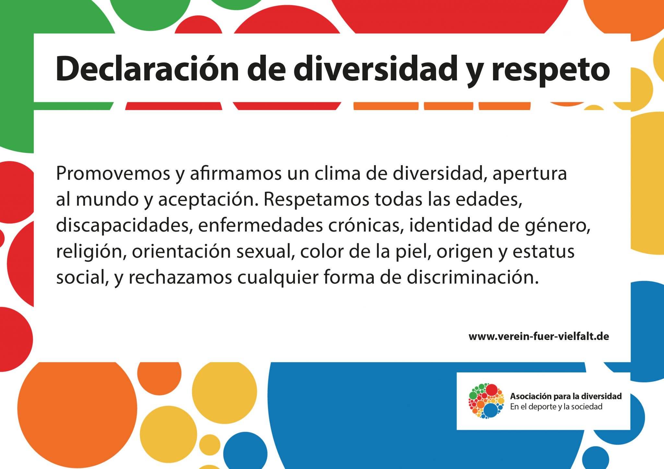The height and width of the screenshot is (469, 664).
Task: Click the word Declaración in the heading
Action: click(148, 69)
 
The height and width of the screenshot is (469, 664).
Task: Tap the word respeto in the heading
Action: click(551, 72)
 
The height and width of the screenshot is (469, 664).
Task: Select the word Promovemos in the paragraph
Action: click(113, 174)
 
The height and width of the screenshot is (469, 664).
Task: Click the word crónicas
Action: click(366, 225)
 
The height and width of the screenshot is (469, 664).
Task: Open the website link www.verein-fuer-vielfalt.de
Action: click(539, 337)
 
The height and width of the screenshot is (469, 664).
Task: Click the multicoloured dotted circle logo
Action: click(486, 401)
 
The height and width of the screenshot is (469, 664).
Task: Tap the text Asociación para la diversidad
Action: click(566, 396)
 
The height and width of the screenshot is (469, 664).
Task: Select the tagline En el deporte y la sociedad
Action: click(556, 407)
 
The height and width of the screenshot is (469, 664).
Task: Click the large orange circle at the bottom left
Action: click(77, 411)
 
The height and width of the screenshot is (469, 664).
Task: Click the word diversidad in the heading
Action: click(375, 69)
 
